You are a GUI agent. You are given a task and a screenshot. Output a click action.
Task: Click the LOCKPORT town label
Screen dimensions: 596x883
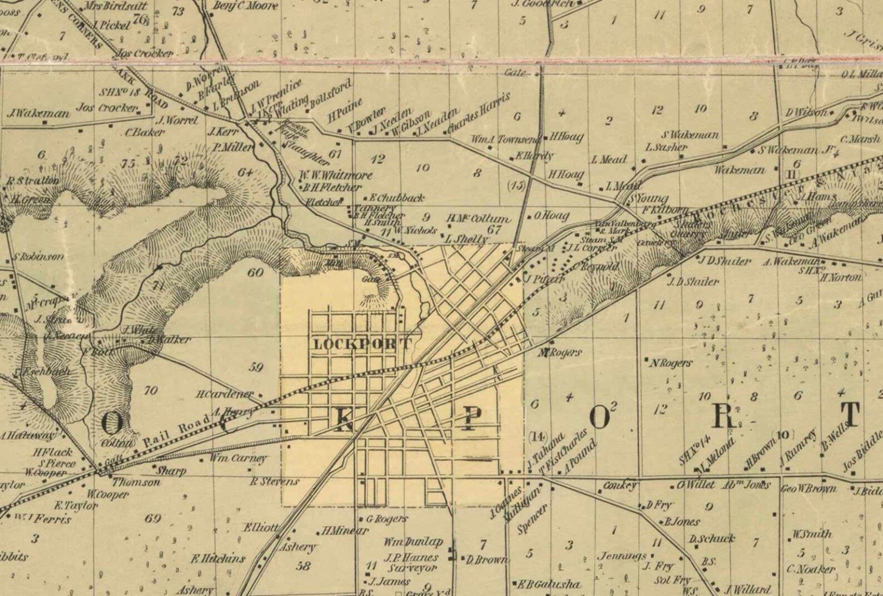(x=363, y=344)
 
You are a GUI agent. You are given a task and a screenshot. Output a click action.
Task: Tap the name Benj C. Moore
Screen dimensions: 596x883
(x=237, y=6)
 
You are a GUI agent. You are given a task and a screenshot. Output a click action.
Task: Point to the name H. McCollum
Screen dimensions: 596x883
(x=477, y=219)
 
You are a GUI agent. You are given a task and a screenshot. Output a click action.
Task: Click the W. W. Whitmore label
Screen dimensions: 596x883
(x=335, y=176)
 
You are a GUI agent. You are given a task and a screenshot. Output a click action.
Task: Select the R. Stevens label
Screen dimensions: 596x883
(x=274, y=481)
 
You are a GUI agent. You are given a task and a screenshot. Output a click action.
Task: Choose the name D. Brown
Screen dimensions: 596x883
(x=487, y=560)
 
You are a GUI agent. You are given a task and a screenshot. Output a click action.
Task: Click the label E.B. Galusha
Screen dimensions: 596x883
(x=549, y=584)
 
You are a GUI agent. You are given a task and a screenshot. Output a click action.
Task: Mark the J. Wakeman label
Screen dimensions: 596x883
(x=38, y=114)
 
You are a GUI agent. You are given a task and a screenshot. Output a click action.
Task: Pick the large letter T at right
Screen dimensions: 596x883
(x=850, y=414)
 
